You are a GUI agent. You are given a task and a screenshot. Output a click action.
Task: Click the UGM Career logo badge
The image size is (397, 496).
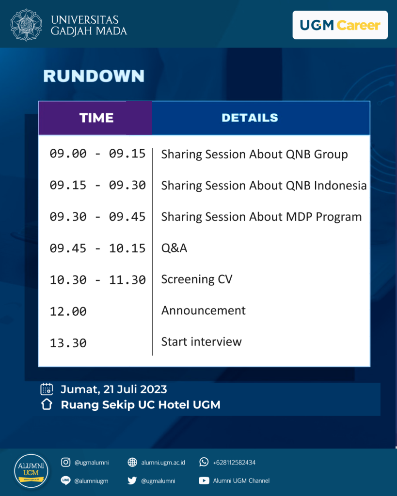[340, 25]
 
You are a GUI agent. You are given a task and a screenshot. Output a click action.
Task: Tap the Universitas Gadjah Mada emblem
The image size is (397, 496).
[26, 25]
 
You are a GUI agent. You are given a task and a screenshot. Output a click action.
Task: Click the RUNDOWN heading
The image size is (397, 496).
[94, 76]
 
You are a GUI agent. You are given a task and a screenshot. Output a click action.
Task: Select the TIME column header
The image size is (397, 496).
[96, 118]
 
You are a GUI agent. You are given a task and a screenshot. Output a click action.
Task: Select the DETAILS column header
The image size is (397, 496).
[250, 118]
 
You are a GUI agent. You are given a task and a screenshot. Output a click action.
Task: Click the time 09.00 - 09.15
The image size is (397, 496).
[97, 154]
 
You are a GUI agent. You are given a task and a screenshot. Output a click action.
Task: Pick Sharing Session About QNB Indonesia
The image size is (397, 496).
[264, 186]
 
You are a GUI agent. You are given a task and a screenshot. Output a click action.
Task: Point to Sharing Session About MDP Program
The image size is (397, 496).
[261, 217]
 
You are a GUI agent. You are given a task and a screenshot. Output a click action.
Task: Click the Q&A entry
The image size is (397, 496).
[174, 248]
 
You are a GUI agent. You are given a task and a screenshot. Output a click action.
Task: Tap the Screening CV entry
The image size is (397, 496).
[197, 279]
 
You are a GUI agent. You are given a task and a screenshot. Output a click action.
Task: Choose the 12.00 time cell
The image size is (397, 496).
[68, 311]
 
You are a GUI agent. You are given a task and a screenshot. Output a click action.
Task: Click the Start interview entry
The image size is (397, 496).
[201, 341]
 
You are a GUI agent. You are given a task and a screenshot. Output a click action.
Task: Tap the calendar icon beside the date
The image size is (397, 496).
[47, 389]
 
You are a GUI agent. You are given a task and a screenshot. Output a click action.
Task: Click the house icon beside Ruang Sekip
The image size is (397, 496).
[47, 404]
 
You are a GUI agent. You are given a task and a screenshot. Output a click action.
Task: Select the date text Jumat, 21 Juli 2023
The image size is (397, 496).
[114, 389]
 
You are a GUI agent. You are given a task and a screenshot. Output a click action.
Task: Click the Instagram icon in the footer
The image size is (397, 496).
[65, 462]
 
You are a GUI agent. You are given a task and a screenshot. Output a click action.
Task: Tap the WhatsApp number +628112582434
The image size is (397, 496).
[234, 463]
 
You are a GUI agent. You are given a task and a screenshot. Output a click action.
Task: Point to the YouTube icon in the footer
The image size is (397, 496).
[204, 480]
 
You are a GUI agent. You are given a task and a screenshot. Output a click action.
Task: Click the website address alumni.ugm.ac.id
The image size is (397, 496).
[163, 463]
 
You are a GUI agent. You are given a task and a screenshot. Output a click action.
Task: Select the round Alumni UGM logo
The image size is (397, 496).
[31, 470]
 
